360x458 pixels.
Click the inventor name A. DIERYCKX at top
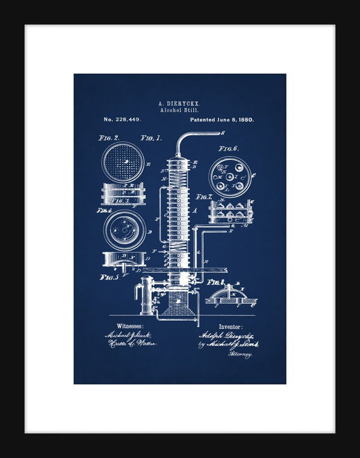(x=179, y=103)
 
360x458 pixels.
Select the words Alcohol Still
(x=179, y=110)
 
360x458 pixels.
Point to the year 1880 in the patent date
(x=245, y=120)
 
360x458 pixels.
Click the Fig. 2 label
(x=109, y=138)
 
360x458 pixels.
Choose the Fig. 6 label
(x=228, y=149)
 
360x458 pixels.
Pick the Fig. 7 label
(x=206, y=197)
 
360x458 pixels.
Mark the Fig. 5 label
(x=109, y=276)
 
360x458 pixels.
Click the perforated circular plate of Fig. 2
(x=122, y=163)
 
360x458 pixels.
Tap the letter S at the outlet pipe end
(x=222, y=133)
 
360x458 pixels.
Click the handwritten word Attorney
(x=240, y=353)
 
